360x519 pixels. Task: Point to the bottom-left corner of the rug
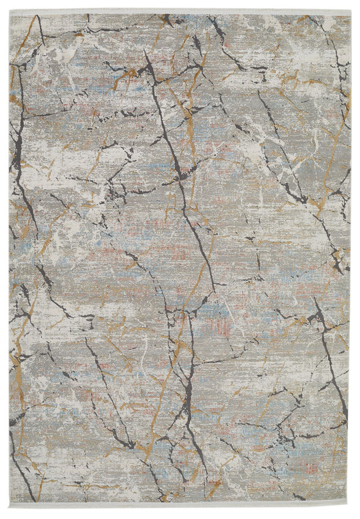click(10, 507)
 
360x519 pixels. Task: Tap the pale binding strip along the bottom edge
click(180, 507)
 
